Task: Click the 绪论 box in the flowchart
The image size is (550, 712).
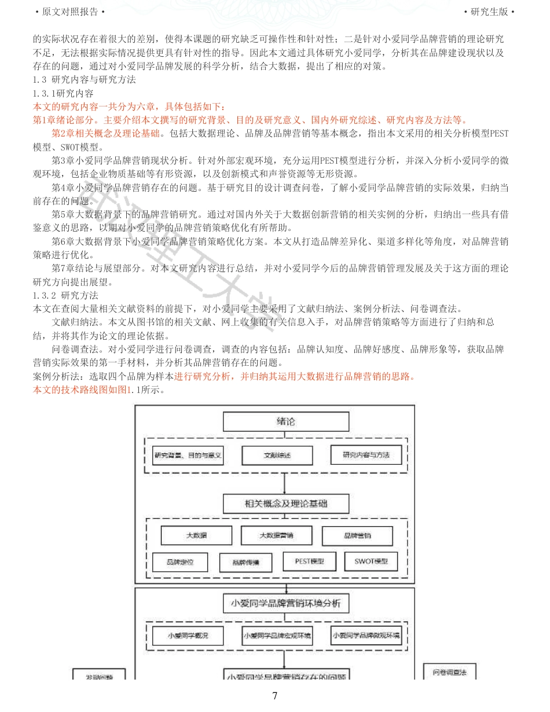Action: pyautogui.click(x=286, y=421)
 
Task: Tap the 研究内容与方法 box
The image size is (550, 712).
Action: pyautogui.click(x=366, y=455)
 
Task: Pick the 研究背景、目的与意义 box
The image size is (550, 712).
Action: pyautogui.click(x=188, y=456)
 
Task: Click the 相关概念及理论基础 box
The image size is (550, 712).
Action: pyautogui.click(x=286, y=504)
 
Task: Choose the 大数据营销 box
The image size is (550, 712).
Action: pyautogui.click(x=276, y=535)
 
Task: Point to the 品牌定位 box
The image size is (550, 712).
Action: pyautogui.click(x=179, y=561)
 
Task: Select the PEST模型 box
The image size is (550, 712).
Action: pyautogui.click(x=309, y=561)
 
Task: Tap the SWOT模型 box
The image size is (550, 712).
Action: pyautogui.click(x=371, y=561)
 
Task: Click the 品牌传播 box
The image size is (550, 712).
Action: pyautogui.click(x=245, y=562)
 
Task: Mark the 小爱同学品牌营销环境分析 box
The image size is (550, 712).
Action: pyautogui.click(x=286, y=603)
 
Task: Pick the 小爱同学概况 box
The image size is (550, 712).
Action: pyautogui.click(x=188, y=636)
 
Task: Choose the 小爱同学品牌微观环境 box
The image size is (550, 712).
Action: pyautogui.click(x=366, y=635)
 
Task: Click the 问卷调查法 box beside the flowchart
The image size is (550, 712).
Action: pyautogui.click(x=450, y=672)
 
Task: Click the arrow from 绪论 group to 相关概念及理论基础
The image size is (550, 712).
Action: pyautogui.click(x=284, y=483)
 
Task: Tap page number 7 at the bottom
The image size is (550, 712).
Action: pyautogui.click(x=275, y=696)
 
